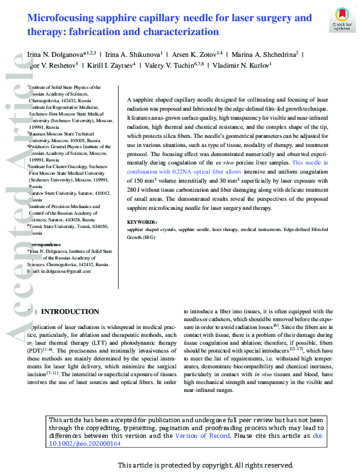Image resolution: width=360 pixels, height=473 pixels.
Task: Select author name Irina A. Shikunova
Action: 134,55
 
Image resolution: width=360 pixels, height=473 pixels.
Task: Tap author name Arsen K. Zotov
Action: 197,55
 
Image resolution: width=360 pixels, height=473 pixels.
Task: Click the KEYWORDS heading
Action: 142,223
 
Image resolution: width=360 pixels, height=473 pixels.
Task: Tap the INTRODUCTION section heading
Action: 70,312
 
